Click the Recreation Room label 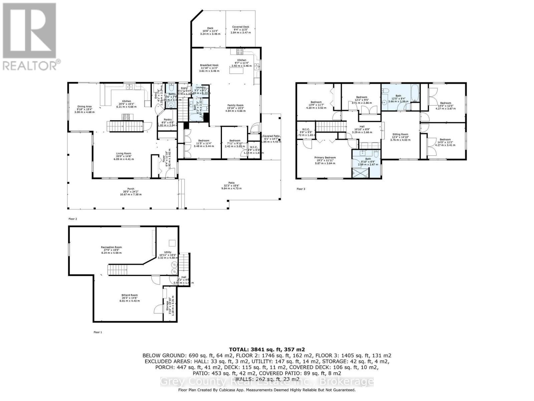pyautogui.click(x=111, y=247)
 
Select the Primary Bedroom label pyautogui.click(x=325, y=157)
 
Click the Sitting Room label pyautogui.click(x=400, y=134)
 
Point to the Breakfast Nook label pyautogui.click(x=209, y=65)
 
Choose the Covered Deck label pyautogui.click(x=241, y=27)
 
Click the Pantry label pyautogui.click(x=168, y=120)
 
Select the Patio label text pyautogui.click(x=231, y=183)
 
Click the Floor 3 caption pyautogui.click(x=301, y=189)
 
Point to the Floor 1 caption pyautogui.click(x=97, y=332)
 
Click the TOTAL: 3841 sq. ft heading pyautogui.click(x=267, y=350)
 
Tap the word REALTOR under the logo pyautogui.click(x=29, y=65)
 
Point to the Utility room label pyautogui.click(x=168, y=252)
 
